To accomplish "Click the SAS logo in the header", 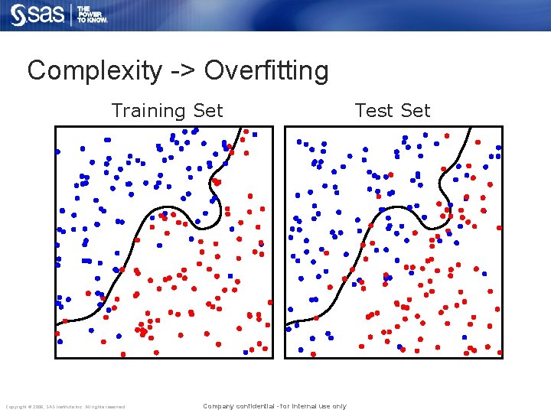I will [38, 15].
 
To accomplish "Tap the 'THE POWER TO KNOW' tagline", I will [92, 15].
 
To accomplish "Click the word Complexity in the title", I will [94, 71].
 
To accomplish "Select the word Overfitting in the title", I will [266, 71].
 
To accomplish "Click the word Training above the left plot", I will [150, 111].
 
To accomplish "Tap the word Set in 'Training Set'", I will [208, 111].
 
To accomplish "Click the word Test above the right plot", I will [373, 111].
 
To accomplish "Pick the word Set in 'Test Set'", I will [416, 111].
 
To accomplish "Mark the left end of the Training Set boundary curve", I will [57, 324].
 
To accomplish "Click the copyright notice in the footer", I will [65, 406].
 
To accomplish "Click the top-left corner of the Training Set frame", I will [55, 126].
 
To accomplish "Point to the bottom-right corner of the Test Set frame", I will [502, 357].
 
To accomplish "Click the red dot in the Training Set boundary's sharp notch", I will [217, 182].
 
